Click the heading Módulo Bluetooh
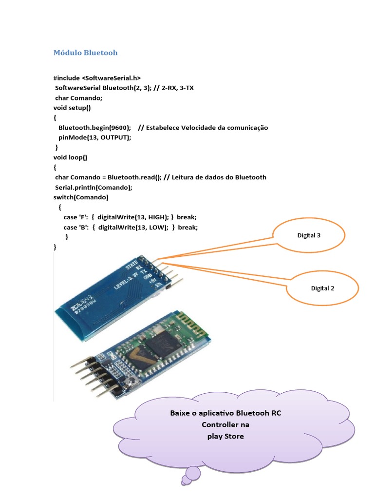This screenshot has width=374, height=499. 85,53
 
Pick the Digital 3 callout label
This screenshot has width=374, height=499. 309,235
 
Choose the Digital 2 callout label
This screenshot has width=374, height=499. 322,288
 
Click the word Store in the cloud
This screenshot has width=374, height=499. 234,436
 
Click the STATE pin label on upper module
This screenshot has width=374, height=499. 131,266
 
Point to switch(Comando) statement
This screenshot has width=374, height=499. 81,197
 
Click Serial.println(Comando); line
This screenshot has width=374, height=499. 93,187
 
